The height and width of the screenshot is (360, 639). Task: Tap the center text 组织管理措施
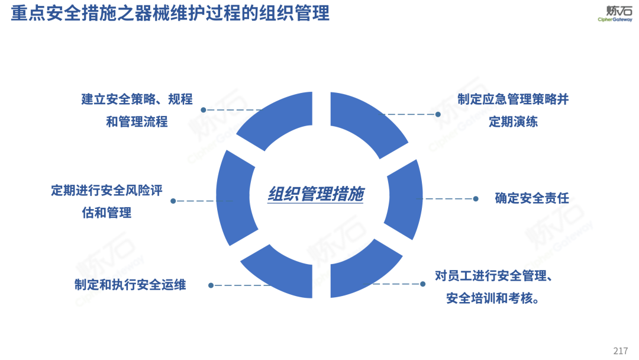pyautogui.click(x=315, y=194)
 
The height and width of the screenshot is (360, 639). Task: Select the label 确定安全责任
pyautogui.click(x=531, y=198)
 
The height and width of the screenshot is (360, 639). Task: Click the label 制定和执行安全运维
pyautogui.click(x=130, y=285)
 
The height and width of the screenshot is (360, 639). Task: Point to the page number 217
pyautogui.click(x=621, y=351)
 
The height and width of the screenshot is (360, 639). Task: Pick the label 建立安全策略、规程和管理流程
pyautogui.click(x=137, y=110)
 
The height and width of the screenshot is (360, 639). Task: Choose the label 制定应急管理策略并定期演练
pyautogui.click(x=513, y=111)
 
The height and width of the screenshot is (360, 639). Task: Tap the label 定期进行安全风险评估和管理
pyautogui.click(x=106, y=201)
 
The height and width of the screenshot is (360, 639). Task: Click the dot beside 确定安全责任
pyautogui.click(x=476, y=199)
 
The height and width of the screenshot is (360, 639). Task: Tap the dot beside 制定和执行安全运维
pyautogui.click(x=211, y=285)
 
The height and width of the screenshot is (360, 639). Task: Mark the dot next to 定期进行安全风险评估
pyautogui.click(x=173, y=201)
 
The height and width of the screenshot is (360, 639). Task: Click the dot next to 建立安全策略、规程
pyautogui.click(x=203, y=110)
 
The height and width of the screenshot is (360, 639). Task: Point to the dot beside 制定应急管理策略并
pyautogui.click(x=438, y=114)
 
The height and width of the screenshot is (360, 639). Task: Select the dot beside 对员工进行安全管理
pyautogui.click(x=422, y=284)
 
